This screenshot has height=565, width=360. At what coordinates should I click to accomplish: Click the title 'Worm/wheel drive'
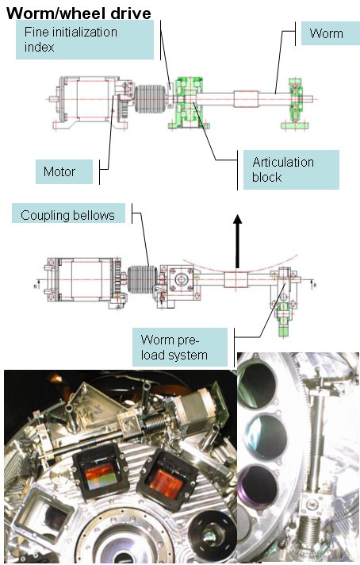[79, 13]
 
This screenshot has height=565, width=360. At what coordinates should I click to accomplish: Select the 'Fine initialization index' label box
[85, 40]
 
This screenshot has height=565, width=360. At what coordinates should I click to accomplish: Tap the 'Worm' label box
[330, 33]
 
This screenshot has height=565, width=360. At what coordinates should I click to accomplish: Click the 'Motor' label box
[64, 171]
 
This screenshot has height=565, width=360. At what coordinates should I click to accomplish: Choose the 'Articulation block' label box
[291, 170]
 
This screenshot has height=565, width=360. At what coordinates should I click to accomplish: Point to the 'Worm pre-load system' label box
[180, 347]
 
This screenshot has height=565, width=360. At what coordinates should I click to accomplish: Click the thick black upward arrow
[237, 241]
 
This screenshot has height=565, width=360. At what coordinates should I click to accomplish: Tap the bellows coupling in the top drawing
[151, 98]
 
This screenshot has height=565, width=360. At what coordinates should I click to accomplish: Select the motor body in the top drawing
[86, 99]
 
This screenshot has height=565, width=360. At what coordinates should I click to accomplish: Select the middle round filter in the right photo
[267, 436]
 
